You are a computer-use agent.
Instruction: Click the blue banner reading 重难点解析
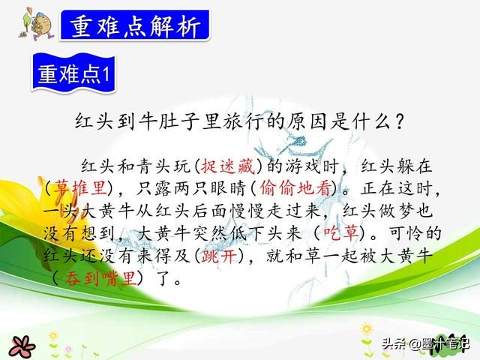135,25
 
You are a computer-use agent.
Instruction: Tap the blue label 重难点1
73,73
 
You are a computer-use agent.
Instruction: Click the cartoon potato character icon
37,24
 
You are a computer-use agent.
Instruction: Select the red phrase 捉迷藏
228,166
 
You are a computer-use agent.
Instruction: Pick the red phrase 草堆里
80,187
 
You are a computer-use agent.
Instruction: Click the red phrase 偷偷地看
296,188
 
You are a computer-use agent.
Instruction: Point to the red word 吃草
341,233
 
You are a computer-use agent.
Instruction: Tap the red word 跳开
219,256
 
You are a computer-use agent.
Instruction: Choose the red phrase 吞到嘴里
100,278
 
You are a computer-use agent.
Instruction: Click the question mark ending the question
399,121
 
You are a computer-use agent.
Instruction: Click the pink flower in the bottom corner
22,347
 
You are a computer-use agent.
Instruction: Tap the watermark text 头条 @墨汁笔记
426,343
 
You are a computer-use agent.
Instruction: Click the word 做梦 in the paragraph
397,211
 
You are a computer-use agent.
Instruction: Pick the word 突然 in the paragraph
210,233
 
